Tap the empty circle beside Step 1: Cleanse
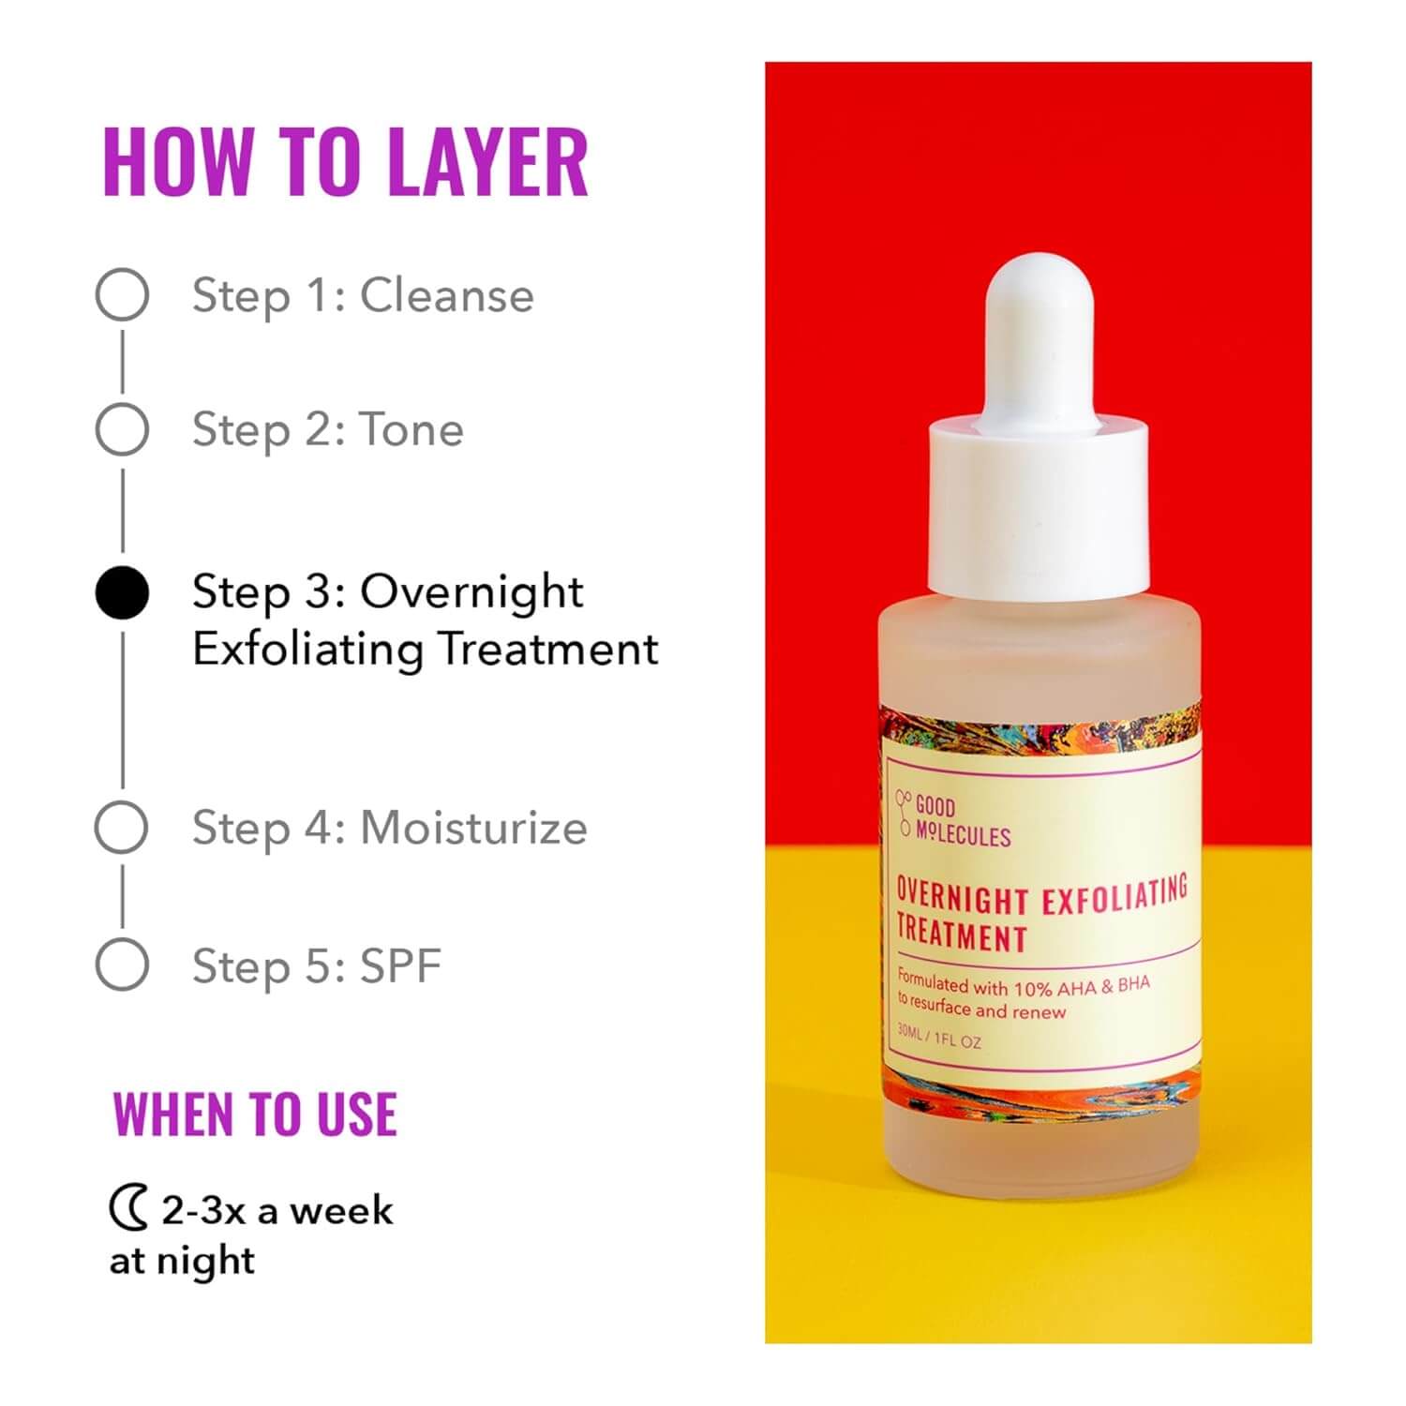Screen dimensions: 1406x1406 (x=122, y=294)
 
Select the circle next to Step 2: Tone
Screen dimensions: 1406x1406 (x=122, y=429)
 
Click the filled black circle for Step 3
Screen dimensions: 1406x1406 (x=122, y=593)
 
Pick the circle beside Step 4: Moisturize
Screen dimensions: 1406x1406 (x=122, y=827)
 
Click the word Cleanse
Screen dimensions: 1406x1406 (x=447, y=295)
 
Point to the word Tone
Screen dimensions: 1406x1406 (x=411, y=430)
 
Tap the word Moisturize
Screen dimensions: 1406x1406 (x=473, y=828)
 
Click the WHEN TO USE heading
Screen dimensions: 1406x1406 (x=255, y=1114)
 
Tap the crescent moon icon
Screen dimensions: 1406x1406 (x=128, y=1208)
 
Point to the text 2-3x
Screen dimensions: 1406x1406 (x=202, y=1210)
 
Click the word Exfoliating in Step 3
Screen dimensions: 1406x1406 (x=307, y=650)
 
